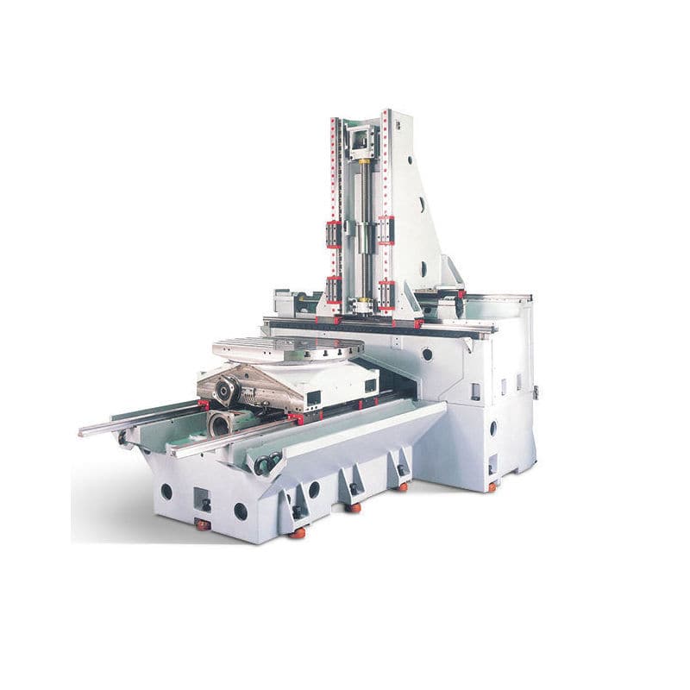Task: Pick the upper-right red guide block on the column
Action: tap(386, 229)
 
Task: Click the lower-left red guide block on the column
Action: tap(333, 289)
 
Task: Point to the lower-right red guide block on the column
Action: tap(386, 293)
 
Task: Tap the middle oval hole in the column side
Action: tap(423, 205)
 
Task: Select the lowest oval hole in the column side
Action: tap(423, 267)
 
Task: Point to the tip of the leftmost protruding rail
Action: tap(82, 431)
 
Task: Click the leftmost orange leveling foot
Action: tap(202, 524)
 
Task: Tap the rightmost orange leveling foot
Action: tap(492, 487)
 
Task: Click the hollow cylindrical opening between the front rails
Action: tap(219, 423)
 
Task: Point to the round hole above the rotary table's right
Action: tap(427, 354)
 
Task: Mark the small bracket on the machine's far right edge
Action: tap(536, 392)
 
